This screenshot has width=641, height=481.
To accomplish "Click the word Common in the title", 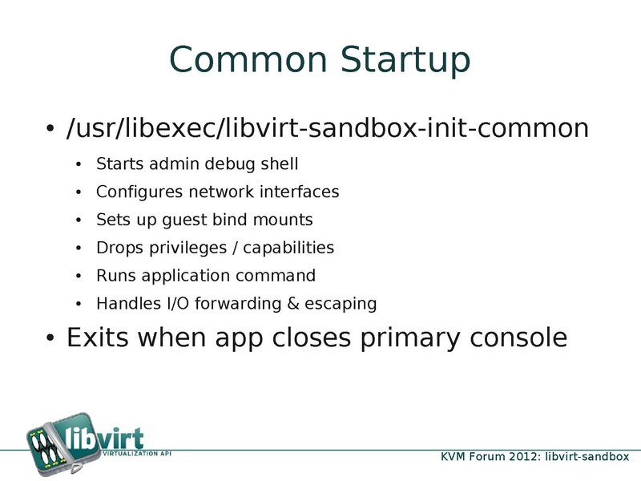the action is tap(248, 59).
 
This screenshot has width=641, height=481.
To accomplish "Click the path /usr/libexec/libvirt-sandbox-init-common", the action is tap(328, 128).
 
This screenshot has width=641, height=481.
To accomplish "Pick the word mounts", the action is tap(283, 220).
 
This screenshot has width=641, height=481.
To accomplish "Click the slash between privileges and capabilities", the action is tap(235, 248).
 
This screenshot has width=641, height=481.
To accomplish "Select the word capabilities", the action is tap(288, 248).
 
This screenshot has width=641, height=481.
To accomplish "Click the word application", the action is tap(186, 276).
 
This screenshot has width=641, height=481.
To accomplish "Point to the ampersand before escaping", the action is tap(293, 304).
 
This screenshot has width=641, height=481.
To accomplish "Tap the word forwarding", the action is tap(238, 304).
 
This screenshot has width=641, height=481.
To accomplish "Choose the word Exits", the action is tap(97, 338).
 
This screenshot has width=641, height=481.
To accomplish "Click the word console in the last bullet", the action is tap(518, 338).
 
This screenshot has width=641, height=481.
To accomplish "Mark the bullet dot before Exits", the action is tap(50, 338).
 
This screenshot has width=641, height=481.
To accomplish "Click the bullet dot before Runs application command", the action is tap(79, 276).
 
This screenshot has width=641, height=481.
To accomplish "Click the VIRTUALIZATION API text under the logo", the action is tap(136, 454).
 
